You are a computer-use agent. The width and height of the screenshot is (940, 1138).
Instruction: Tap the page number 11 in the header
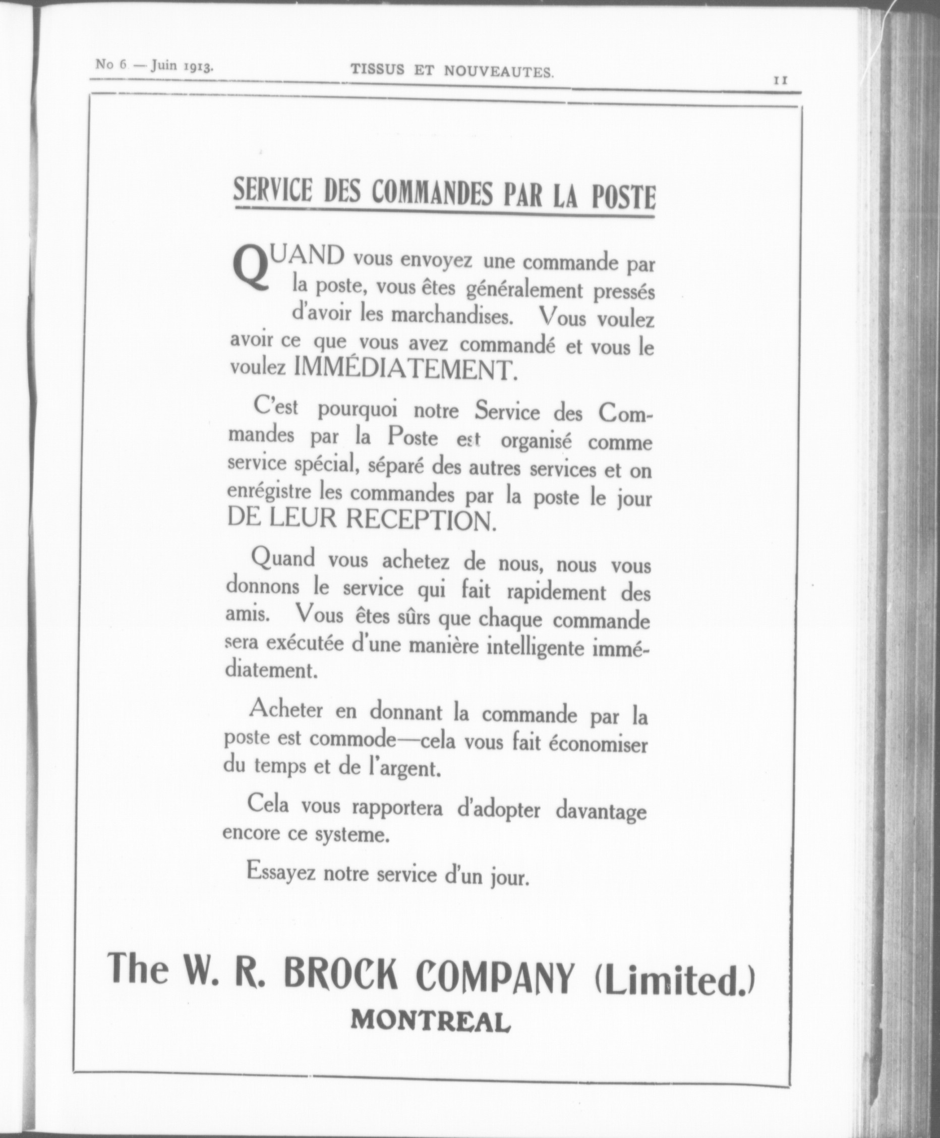pyautogui.click(x=780, y=80)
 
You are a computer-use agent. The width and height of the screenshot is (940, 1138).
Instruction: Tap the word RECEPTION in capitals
pyautogui.click(x=420, y=520)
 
